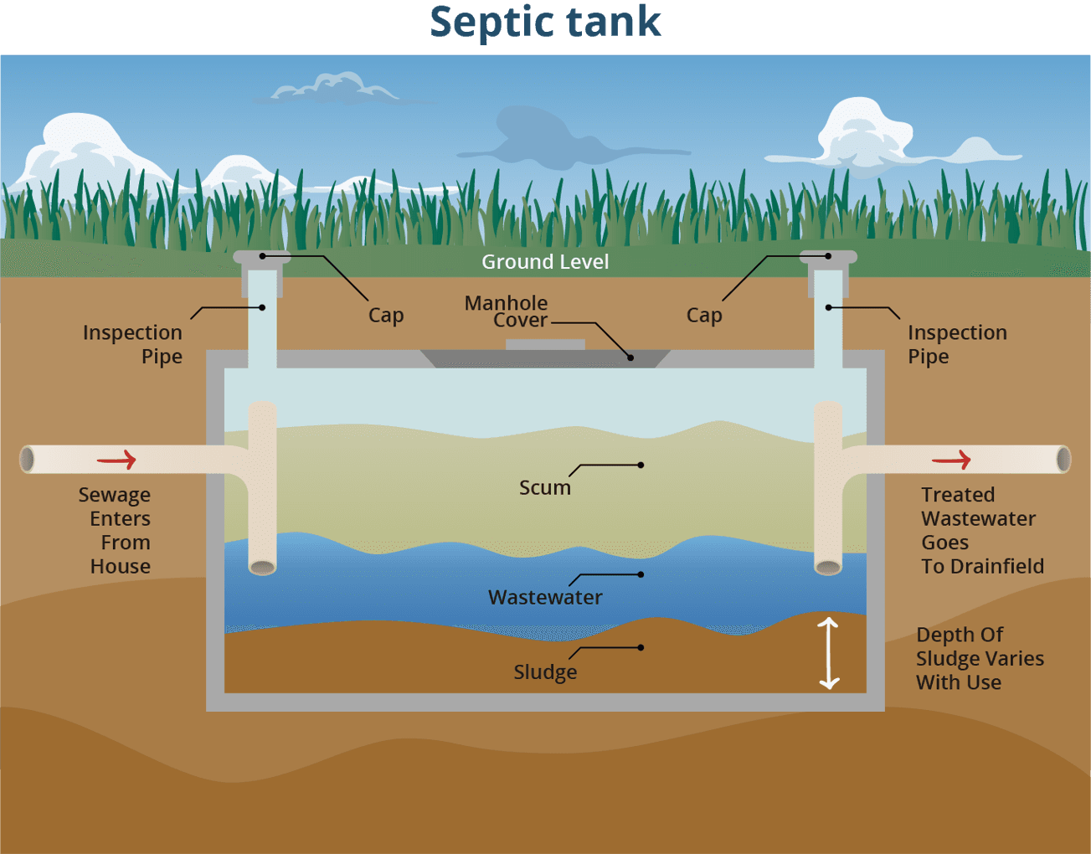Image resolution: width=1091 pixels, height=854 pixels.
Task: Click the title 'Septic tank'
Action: coord(545,23)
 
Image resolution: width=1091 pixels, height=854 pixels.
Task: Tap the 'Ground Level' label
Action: coord(545,262)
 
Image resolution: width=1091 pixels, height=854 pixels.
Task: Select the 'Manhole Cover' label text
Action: coord(507,311)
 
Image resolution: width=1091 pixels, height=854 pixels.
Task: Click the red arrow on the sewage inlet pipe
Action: coord(116,460)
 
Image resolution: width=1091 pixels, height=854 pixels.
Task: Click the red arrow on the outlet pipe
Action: coord(951,460)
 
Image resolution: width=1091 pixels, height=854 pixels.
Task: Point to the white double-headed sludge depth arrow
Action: coord(828,653)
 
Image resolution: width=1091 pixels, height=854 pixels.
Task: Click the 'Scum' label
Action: coord(545,487)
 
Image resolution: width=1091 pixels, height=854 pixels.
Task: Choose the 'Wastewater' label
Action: coord(545,597)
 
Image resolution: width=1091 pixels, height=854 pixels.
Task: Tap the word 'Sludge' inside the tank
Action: coord(545,671)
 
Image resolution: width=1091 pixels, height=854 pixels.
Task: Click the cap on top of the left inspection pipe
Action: coord(262,257)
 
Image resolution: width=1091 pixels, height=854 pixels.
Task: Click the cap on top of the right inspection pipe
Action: coord(828,257)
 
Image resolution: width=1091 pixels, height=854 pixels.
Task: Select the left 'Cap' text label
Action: coord(386,316)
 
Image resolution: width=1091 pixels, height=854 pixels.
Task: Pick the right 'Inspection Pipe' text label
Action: coord(957,344)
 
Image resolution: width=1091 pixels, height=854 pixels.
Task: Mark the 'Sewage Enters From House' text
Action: coord(116,530)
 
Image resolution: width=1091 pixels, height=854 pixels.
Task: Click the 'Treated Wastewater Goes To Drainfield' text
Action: coord(981,530)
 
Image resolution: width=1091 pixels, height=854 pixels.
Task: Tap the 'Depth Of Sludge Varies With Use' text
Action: coord(979,658)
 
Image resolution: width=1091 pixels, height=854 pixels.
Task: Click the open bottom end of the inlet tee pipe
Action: coord(263,568)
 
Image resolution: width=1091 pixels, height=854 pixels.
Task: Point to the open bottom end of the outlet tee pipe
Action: coord(828,568)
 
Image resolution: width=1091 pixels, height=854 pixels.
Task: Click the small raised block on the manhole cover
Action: coord(545,344)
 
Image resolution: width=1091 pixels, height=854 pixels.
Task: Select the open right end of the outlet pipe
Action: coord(1063,460)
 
